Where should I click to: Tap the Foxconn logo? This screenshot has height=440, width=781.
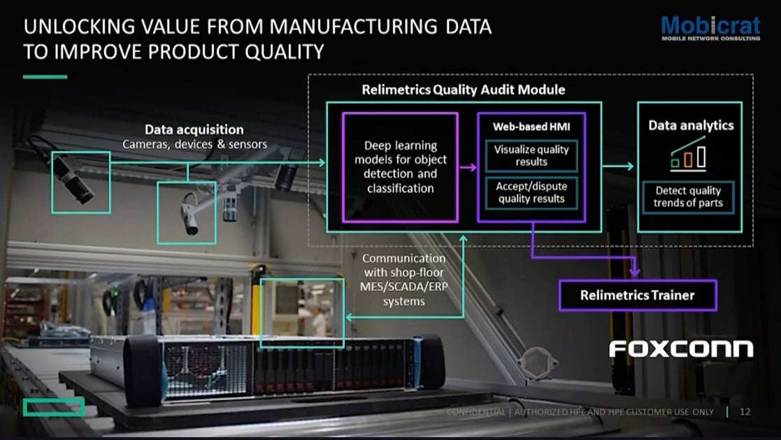[x=681, y=348]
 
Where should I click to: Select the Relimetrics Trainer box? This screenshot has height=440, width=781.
[x=637, y=295]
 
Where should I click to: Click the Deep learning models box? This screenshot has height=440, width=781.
[x=400, y=166]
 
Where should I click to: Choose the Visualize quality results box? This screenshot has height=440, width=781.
[x=531, y=155]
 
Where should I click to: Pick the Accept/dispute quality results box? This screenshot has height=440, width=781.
[x=531, y=192]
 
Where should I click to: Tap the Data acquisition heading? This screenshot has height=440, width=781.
[x=194, y=129]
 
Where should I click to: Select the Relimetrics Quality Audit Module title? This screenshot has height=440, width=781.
[x=464, y=90]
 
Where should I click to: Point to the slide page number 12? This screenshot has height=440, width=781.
[x=745, y=412]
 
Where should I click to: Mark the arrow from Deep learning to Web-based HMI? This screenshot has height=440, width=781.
[x=467, y=167]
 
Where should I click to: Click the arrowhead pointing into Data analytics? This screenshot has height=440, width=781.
[x=630, y=166]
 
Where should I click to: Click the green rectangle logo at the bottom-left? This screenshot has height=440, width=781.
[x=53, y=406]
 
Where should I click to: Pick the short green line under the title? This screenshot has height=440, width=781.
[x=45, y=76]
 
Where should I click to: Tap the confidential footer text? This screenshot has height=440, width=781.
[x=580, y=412]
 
